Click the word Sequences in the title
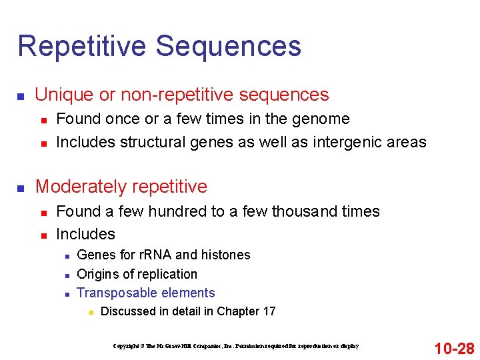click(x=229, y=46)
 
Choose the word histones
click(x=226, y=255)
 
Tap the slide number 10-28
click(x=453, y=348)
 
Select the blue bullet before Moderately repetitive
click(x=21, y=188)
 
